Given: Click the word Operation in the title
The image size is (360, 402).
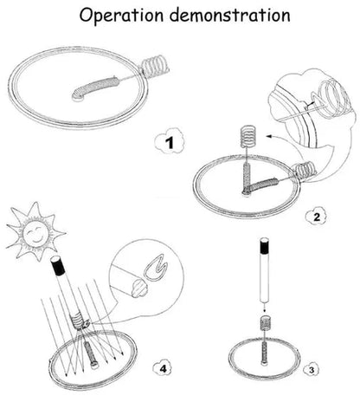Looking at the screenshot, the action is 121,16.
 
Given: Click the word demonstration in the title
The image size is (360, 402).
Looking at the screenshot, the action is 230,15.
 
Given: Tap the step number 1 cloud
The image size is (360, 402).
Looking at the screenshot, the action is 170,142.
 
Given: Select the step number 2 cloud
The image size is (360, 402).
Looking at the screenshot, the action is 317,217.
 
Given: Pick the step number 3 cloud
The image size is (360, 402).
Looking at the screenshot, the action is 312,370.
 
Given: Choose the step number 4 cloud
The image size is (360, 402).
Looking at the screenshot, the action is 163,368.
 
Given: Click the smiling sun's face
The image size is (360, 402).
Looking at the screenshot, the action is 36,231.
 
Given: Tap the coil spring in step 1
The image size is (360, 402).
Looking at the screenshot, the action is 154,67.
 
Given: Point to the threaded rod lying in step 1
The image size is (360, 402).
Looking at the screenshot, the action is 95,88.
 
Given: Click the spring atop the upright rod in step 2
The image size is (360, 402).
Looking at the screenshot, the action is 247,136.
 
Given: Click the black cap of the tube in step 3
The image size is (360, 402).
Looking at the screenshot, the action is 265,245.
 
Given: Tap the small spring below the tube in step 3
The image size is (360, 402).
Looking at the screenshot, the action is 265,323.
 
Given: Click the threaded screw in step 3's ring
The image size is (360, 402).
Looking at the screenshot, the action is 265,353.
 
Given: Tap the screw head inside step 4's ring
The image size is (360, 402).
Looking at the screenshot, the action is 94,364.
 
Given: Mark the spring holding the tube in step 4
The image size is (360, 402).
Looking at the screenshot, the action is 76,321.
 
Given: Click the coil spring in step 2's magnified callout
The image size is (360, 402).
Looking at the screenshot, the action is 335,98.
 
